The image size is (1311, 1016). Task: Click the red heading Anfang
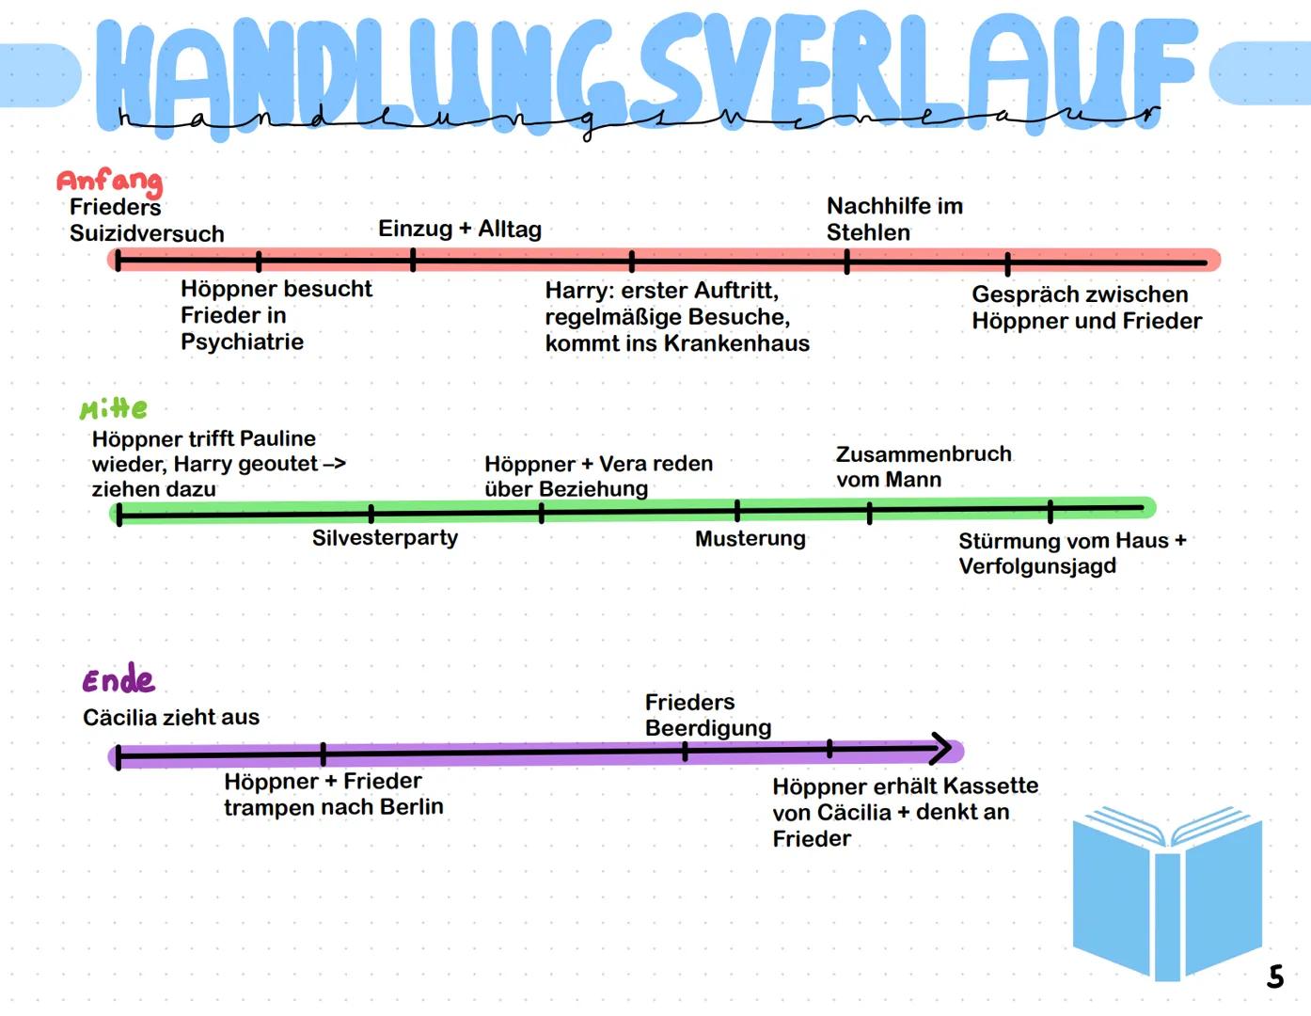109,181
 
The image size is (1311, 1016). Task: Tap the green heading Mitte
114,409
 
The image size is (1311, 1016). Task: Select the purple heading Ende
118,679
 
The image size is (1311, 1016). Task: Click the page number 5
1275,976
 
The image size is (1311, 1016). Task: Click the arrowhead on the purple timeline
940,749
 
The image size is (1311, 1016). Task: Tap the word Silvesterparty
385,538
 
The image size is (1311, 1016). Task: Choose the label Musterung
750,539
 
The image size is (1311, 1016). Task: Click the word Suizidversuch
147,233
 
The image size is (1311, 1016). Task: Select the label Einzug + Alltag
460,229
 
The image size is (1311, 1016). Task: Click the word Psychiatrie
242,341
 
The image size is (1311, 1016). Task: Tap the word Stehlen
868,232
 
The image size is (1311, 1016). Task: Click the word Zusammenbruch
924,454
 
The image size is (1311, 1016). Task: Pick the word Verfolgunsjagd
1037,566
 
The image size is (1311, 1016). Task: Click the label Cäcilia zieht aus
171,717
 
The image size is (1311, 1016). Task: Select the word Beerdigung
708,728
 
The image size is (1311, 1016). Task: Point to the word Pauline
277,438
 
